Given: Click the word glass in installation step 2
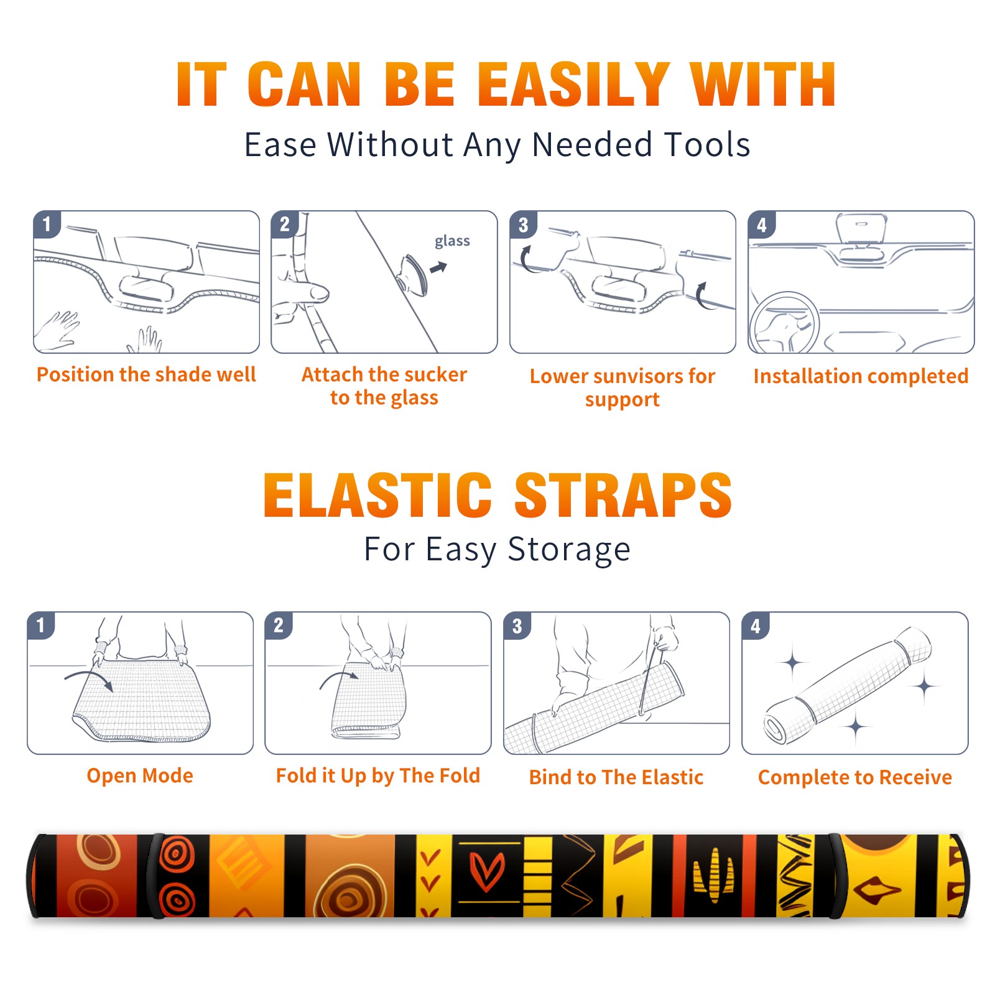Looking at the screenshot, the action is [452, 241].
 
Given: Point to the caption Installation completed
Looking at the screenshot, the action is [861, 376].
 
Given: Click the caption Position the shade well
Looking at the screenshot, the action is [146, 374].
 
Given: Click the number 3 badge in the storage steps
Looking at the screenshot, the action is [517, 626].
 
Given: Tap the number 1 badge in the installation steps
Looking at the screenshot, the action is [47, 224].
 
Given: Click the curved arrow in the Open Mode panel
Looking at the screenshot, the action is [90, 678].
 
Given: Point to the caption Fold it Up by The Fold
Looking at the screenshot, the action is [378, 775].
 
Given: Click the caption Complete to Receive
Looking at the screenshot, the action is [855, 777].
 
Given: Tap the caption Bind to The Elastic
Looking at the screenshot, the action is [616, 777].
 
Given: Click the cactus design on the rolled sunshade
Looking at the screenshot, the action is [713, 875].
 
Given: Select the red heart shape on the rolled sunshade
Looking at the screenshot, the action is [486, 870].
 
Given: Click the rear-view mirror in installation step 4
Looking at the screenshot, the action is [861, 228].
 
